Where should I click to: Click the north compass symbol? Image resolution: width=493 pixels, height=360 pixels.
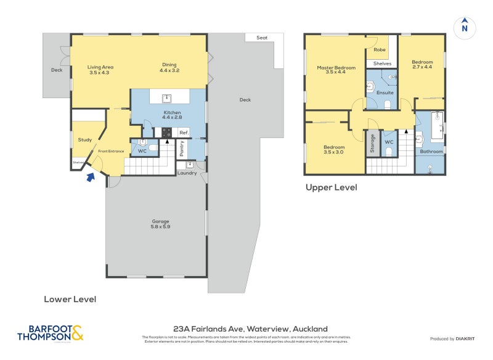pyautogui.click(x=465, y=27)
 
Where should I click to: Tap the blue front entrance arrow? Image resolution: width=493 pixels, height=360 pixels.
pyautogui.click(x=91, y=178)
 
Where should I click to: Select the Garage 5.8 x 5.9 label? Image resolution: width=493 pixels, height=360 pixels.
pyautogui.click(x=160, y=224)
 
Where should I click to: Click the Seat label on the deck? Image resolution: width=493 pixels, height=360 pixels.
pyautogui.click(x=262, y=38)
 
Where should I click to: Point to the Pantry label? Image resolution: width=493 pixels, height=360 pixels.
pyautogui.click(x=182, y=148)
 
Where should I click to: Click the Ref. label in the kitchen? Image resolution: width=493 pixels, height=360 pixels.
pyautogui.click(x=183, y=133)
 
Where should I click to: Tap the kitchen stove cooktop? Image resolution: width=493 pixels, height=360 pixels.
pyautogui.click(x=166, y=133)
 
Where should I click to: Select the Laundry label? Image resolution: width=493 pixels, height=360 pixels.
pyautogui.click(x=187, y=173)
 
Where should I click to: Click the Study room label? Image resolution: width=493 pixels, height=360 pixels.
pyautogui.click(x=84, y=140)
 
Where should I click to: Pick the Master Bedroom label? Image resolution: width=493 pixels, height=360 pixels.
pyautogui.click(x=336, y=70)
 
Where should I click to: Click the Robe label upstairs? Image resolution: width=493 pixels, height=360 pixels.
pyautogui.click(x=380, y=49)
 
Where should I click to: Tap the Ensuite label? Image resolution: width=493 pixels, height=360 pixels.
pyautogui.click(x=385, y=92)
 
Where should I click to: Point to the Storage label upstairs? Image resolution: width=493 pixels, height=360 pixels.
pyautogui.click(x=372, y=144)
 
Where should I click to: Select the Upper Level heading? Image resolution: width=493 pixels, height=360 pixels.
pyautogui.click(x=331, y=187)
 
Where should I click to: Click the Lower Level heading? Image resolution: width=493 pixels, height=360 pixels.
pyautogui.click(x=70, y=299)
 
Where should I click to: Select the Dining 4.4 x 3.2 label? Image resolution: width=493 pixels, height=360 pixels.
pyautogui.click(x=170, y=68)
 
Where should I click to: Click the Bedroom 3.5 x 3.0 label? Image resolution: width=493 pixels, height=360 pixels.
pyautogui.click(x=335, y=150)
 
